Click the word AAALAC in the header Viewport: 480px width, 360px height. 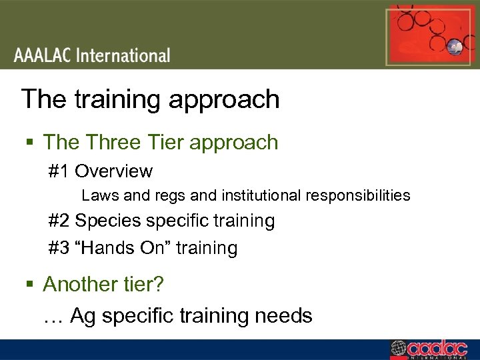[x=43, y=55]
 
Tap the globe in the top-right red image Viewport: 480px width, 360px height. [x=455, y=46]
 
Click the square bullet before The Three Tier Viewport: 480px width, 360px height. [x=30, y=143]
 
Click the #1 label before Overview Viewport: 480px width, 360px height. [x=59, y=171]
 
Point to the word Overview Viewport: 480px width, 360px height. [x=114, y=171]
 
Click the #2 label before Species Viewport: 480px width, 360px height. [x=59, y=221]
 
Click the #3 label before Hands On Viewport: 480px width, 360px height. [x=59, y=248]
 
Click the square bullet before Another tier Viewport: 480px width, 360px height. [x=30, y=285]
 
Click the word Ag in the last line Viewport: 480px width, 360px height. [x=83, y=315]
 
